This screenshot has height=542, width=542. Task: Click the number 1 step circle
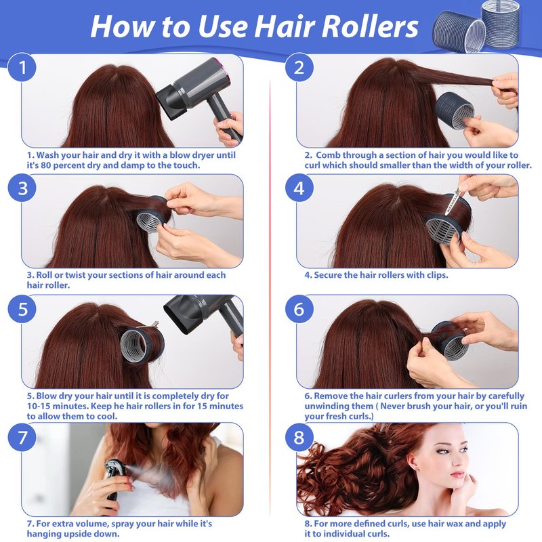tap(22, 67)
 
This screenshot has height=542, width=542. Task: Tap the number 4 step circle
tap(299, 188)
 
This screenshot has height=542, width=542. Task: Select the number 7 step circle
tap(22, 437)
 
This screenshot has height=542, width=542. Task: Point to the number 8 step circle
tap(299, 437)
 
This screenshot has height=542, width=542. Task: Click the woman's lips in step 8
tap(457, 474)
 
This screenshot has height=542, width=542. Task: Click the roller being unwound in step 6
tap(449, 341)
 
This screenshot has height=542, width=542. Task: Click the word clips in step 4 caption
tap(436, 276)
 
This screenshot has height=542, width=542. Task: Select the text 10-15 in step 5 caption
tap(39, 406)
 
